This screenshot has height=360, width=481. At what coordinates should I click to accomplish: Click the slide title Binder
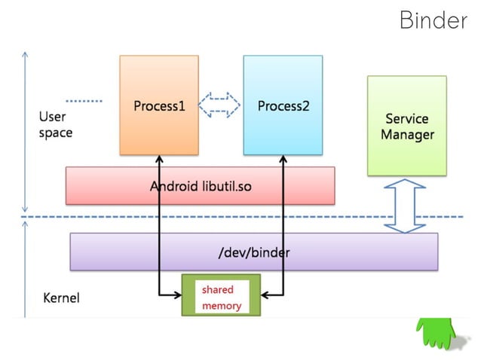pos(433,20)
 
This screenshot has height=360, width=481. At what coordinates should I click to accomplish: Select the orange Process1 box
pos(159,105)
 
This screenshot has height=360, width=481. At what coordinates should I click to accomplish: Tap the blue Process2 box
pos(283,105)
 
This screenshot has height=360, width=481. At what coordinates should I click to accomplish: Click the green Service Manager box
pos(407,126)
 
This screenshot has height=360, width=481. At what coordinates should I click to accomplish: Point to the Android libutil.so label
pos(200,186)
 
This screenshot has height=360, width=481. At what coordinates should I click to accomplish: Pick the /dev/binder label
pos(253,252)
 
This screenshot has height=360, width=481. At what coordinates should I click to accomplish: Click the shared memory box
pos(221,296)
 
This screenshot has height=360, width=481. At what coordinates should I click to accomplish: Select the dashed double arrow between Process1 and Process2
pos(220,105)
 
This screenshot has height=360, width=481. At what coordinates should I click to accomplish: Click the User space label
pos(55,125)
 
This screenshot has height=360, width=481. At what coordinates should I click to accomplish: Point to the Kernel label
pos(61,297)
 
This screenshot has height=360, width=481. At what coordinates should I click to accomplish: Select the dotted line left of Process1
pos(84,100)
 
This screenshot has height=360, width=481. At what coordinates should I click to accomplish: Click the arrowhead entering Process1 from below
pos(160,160)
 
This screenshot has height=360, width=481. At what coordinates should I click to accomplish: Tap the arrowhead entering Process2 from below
pos(283,160)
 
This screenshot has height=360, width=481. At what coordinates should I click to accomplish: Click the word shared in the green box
pos(217,289)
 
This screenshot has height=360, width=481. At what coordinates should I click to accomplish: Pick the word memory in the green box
pos(221,306)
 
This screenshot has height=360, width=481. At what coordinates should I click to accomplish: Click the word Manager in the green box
pos(407,135)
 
